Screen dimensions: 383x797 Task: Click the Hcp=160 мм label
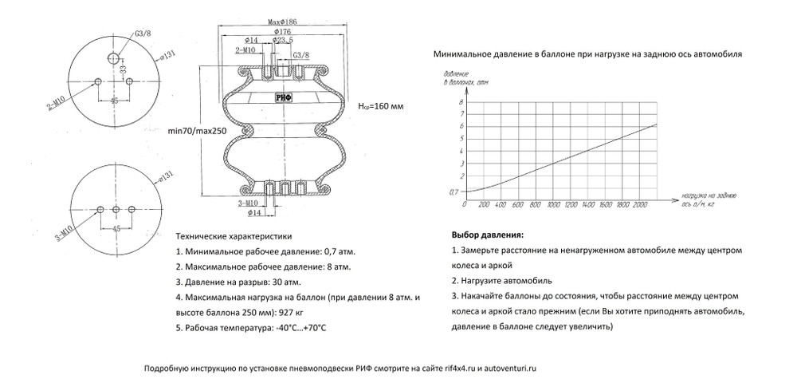pos(381,106)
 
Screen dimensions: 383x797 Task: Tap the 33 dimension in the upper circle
pos(124,70)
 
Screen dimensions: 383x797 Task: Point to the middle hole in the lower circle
pos(116,209)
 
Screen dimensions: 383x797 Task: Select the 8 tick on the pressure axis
pos(461,103)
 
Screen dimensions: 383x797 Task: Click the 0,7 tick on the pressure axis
pos(455,192)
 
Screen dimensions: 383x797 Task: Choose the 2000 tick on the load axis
pos(638,205)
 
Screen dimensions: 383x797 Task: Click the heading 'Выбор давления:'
pos(487,236)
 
